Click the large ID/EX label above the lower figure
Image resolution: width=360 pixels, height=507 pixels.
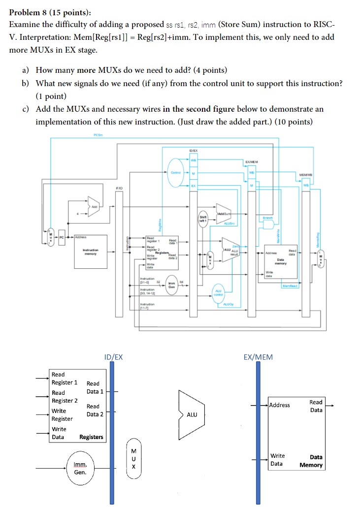point(113,357)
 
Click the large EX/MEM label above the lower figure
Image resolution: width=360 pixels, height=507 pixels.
point(258,357)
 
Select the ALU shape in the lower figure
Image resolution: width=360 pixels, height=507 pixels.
point(191,414)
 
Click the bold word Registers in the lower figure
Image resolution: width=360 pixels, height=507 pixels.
point(91,437)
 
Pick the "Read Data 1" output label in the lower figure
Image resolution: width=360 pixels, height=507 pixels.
point(95,387)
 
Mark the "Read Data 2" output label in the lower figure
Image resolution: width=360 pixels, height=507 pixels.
point(95,410)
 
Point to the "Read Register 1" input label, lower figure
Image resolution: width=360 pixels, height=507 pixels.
point(65,378)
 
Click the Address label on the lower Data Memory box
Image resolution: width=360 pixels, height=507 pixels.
point(280,405)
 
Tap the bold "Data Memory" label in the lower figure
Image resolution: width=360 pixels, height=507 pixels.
point(311,461)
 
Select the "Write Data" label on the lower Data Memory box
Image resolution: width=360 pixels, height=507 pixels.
point(277,459)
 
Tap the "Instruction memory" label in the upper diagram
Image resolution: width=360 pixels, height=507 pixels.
point(92,252)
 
